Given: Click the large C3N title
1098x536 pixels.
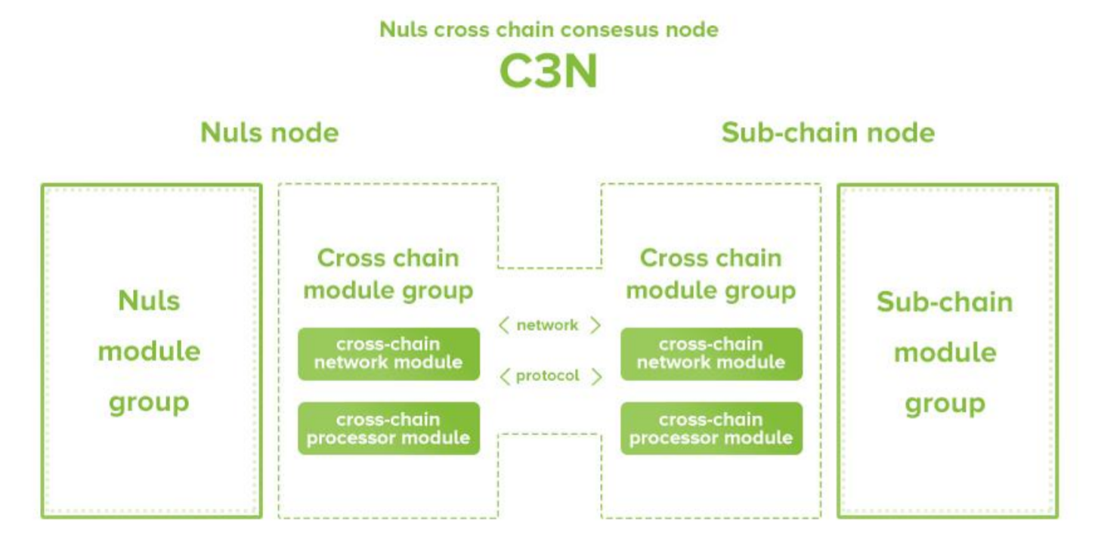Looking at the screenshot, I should pos(549,72).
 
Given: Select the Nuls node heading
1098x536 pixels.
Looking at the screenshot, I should pos(270,133).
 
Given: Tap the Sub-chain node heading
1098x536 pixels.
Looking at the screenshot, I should pos(828,133).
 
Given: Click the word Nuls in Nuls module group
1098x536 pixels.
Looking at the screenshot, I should pos(149,301).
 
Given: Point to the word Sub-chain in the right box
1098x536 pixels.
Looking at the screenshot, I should pos(945,302).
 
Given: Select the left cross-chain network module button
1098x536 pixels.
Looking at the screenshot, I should pos(388,353).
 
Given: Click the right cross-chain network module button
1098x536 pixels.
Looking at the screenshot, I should pos(711,353).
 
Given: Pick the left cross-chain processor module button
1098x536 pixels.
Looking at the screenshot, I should pos(388,428).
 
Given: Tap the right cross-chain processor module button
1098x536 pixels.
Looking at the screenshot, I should pos(711,428).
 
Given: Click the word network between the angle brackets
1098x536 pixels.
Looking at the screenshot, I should pos(548,325).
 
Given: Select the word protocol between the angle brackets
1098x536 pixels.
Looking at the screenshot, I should pos(548,376).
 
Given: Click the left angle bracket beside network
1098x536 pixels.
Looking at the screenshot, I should pos(504,325).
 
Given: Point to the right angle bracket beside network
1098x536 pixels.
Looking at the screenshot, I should pos(595,325).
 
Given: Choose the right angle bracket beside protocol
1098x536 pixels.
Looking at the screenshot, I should pos(596,376).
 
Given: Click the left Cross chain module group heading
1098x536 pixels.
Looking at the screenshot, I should pos(388,274).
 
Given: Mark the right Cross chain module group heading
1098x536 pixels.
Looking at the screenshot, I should pos(711,274).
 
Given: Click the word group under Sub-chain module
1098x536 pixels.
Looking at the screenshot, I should pos(945,404).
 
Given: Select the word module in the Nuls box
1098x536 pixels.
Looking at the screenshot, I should pos(149,352).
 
